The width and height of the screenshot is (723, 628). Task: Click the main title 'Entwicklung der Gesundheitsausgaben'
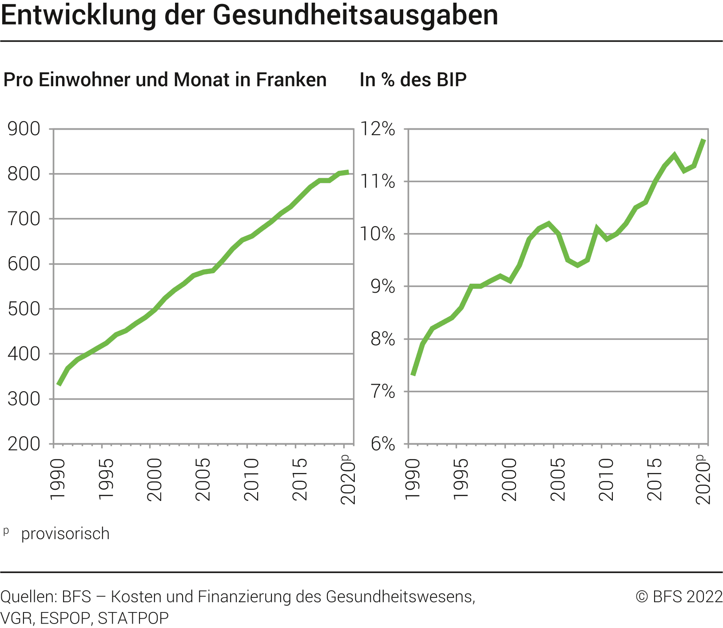[x=249, y=15]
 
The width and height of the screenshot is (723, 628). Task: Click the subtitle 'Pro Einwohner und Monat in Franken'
[x=165, y=80]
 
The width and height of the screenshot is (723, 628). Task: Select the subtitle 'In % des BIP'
[x=413, y=80]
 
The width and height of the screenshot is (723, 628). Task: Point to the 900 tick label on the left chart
[x=24, y=129]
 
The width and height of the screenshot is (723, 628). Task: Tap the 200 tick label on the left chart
[x=24, y=444]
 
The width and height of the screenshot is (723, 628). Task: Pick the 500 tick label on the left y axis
[x=24, y=309]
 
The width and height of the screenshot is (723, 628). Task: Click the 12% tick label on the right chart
[x=377, y=129]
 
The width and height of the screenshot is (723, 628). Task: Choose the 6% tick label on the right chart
[x=383, y=444]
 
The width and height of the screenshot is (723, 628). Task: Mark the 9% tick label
[x=383, y=286]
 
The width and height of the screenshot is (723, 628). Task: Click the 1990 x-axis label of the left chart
[x=58, y=480]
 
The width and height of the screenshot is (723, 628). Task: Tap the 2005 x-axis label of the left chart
[x=203, y=480]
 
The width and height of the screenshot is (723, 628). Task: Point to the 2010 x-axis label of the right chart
[x=606, y=480]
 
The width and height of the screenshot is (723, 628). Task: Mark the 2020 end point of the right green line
[x=703, y=140]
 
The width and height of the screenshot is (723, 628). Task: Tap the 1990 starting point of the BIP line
[x=413, y=374]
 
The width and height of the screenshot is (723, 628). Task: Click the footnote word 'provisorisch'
[x=65, y=533]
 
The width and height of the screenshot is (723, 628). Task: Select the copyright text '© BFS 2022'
[x=679, y=596]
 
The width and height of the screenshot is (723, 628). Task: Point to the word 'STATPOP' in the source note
[x=133, y=618]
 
